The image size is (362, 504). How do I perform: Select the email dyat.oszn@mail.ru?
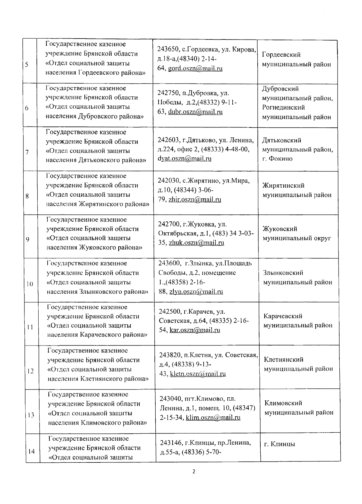(184, 158)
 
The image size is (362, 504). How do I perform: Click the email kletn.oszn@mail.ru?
(198, 374)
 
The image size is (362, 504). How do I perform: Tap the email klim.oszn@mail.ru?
(213, 418)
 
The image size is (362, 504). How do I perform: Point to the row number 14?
(31, 451)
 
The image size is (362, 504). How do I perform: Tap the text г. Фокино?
(277, 159)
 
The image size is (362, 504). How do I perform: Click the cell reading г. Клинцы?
(280, 444)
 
